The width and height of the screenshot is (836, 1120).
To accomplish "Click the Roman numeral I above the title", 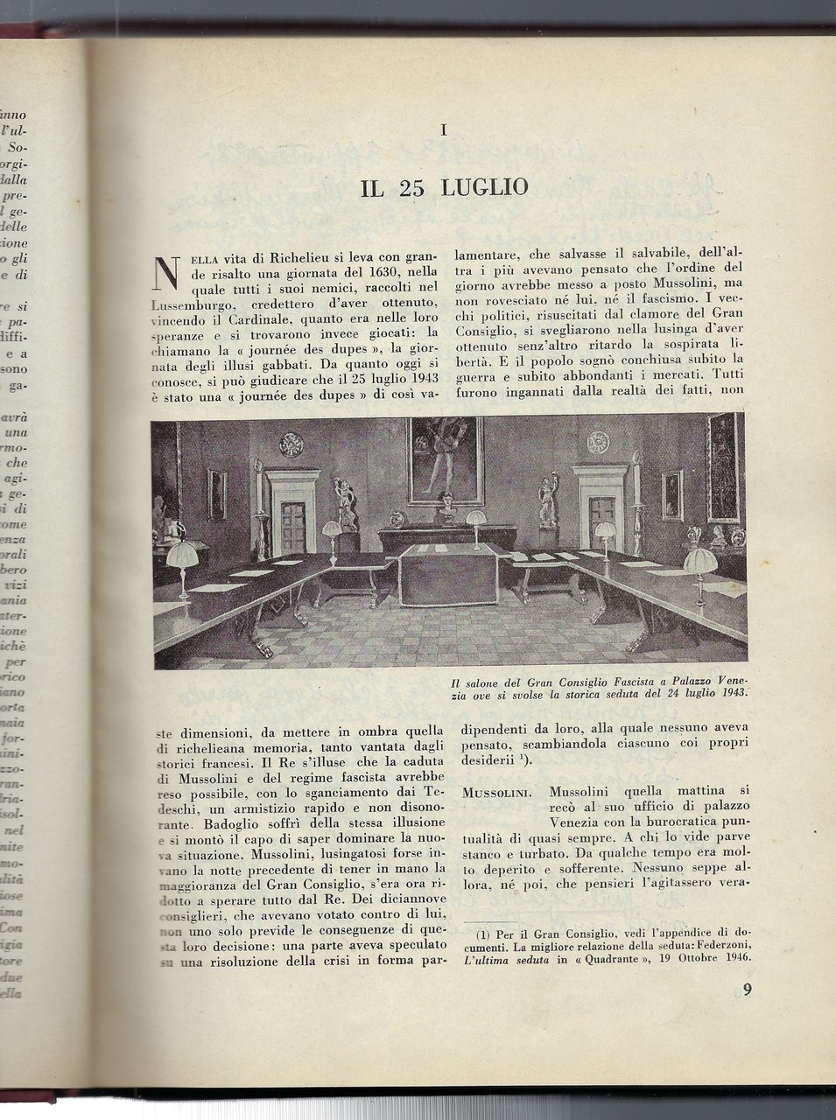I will [x=445, y=131].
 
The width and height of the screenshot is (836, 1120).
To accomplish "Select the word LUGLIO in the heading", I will [x=482, y=188].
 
